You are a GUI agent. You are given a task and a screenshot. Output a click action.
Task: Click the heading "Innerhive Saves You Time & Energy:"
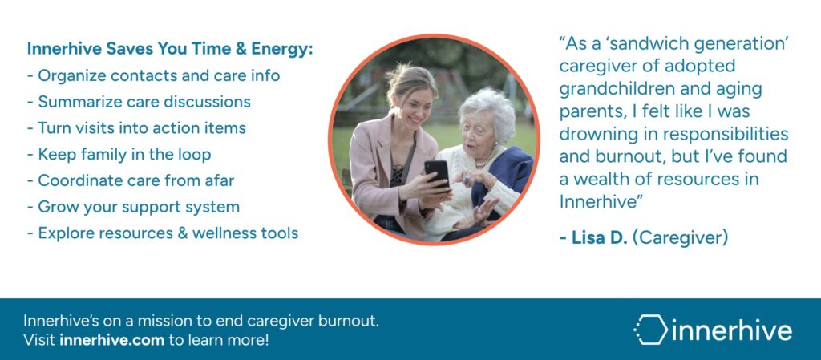coord(170,49)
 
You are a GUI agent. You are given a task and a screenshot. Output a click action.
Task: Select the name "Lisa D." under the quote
coord(593,237)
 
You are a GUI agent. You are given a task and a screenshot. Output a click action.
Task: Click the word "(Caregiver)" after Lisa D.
coord(680,238)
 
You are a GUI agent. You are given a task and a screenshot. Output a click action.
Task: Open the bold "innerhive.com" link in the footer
coord(112,340)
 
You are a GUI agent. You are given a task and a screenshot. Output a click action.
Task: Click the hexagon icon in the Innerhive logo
coord(649,330)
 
